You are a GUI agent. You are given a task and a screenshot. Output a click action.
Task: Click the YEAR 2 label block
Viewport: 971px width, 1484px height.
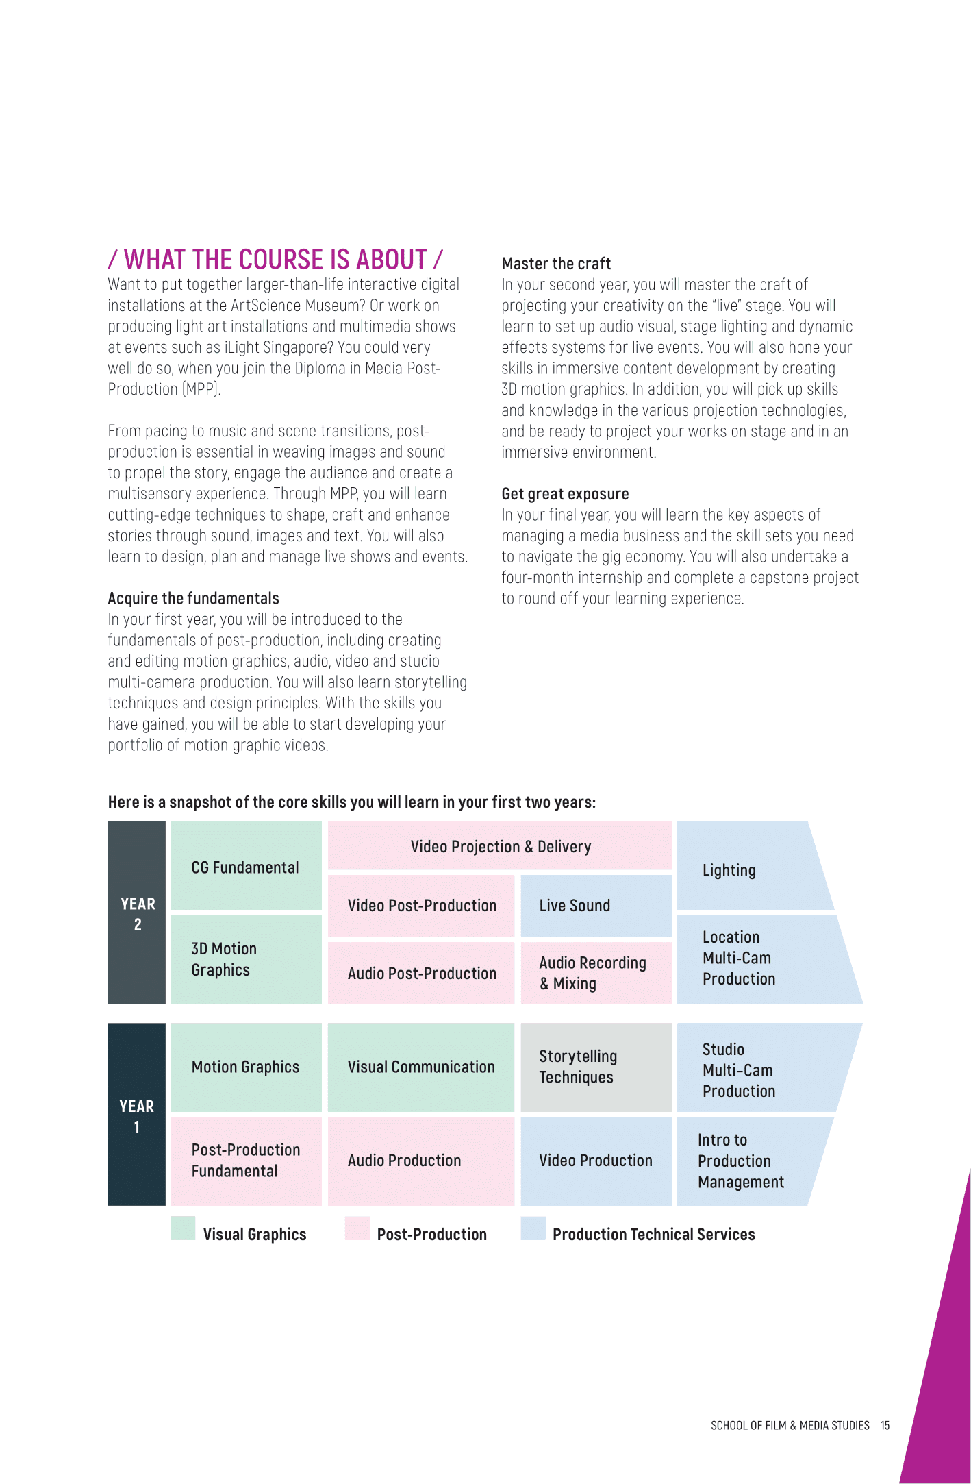pos(137,913)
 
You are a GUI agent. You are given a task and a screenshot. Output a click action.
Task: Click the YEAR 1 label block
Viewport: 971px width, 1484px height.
pos(137,1115)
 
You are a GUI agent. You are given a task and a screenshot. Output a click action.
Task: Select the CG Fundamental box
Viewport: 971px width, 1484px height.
pos(246,867)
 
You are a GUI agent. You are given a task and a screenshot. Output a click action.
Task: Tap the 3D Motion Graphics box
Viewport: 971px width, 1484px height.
pos(246,959)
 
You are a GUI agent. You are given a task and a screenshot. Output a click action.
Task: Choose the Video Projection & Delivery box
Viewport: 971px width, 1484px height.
pos(500,846)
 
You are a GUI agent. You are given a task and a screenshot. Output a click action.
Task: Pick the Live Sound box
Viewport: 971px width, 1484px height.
pos(596,905)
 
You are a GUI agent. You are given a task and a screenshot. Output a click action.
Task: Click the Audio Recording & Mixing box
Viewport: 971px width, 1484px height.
pos(596,973)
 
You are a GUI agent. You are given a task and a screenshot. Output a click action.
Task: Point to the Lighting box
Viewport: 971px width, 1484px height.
pos(746,869)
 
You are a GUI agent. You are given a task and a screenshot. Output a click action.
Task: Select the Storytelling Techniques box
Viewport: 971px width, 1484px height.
pos(596,1067)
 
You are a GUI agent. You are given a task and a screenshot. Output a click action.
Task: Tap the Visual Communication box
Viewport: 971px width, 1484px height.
pos(420,1067)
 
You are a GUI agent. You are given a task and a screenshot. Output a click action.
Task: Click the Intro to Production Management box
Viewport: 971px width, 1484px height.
pos(743,1161)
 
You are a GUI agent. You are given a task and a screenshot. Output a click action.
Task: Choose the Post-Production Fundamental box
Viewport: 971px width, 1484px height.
pos(246,1161)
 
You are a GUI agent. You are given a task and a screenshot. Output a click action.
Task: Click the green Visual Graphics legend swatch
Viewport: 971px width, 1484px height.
pos(183,1228)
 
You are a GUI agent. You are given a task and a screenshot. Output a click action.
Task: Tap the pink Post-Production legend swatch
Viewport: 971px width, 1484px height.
pos(357,1228)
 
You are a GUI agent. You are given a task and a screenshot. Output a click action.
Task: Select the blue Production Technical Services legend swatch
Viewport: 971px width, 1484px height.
pos(533,1228)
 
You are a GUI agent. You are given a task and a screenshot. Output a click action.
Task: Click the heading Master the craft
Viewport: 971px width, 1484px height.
pos(556,264)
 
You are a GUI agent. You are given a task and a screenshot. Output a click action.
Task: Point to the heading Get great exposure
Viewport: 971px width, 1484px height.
pos(565,494)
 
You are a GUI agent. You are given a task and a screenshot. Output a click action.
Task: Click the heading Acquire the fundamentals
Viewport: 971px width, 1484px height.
pos(194,598)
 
